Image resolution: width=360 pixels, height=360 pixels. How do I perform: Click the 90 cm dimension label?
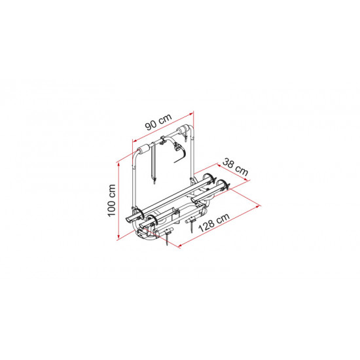158,122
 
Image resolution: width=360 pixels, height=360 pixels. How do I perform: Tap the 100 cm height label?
111,200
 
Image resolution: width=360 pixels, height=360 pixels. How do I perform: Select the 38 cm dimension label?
236,167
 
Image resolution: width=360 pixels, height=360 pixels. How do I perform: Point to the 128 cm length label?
214,223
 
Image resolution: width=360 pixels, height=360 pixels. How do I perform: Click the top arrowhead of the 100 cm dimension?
118,164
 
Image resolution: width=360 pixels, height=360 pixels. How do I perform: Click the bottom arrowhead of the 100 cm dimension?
118,237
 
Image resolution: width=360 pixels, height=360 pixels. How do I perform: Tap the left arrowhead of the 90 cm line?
135,141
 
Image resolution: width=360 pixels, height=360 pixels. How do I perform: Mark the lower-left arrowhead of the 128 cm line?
181,245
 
